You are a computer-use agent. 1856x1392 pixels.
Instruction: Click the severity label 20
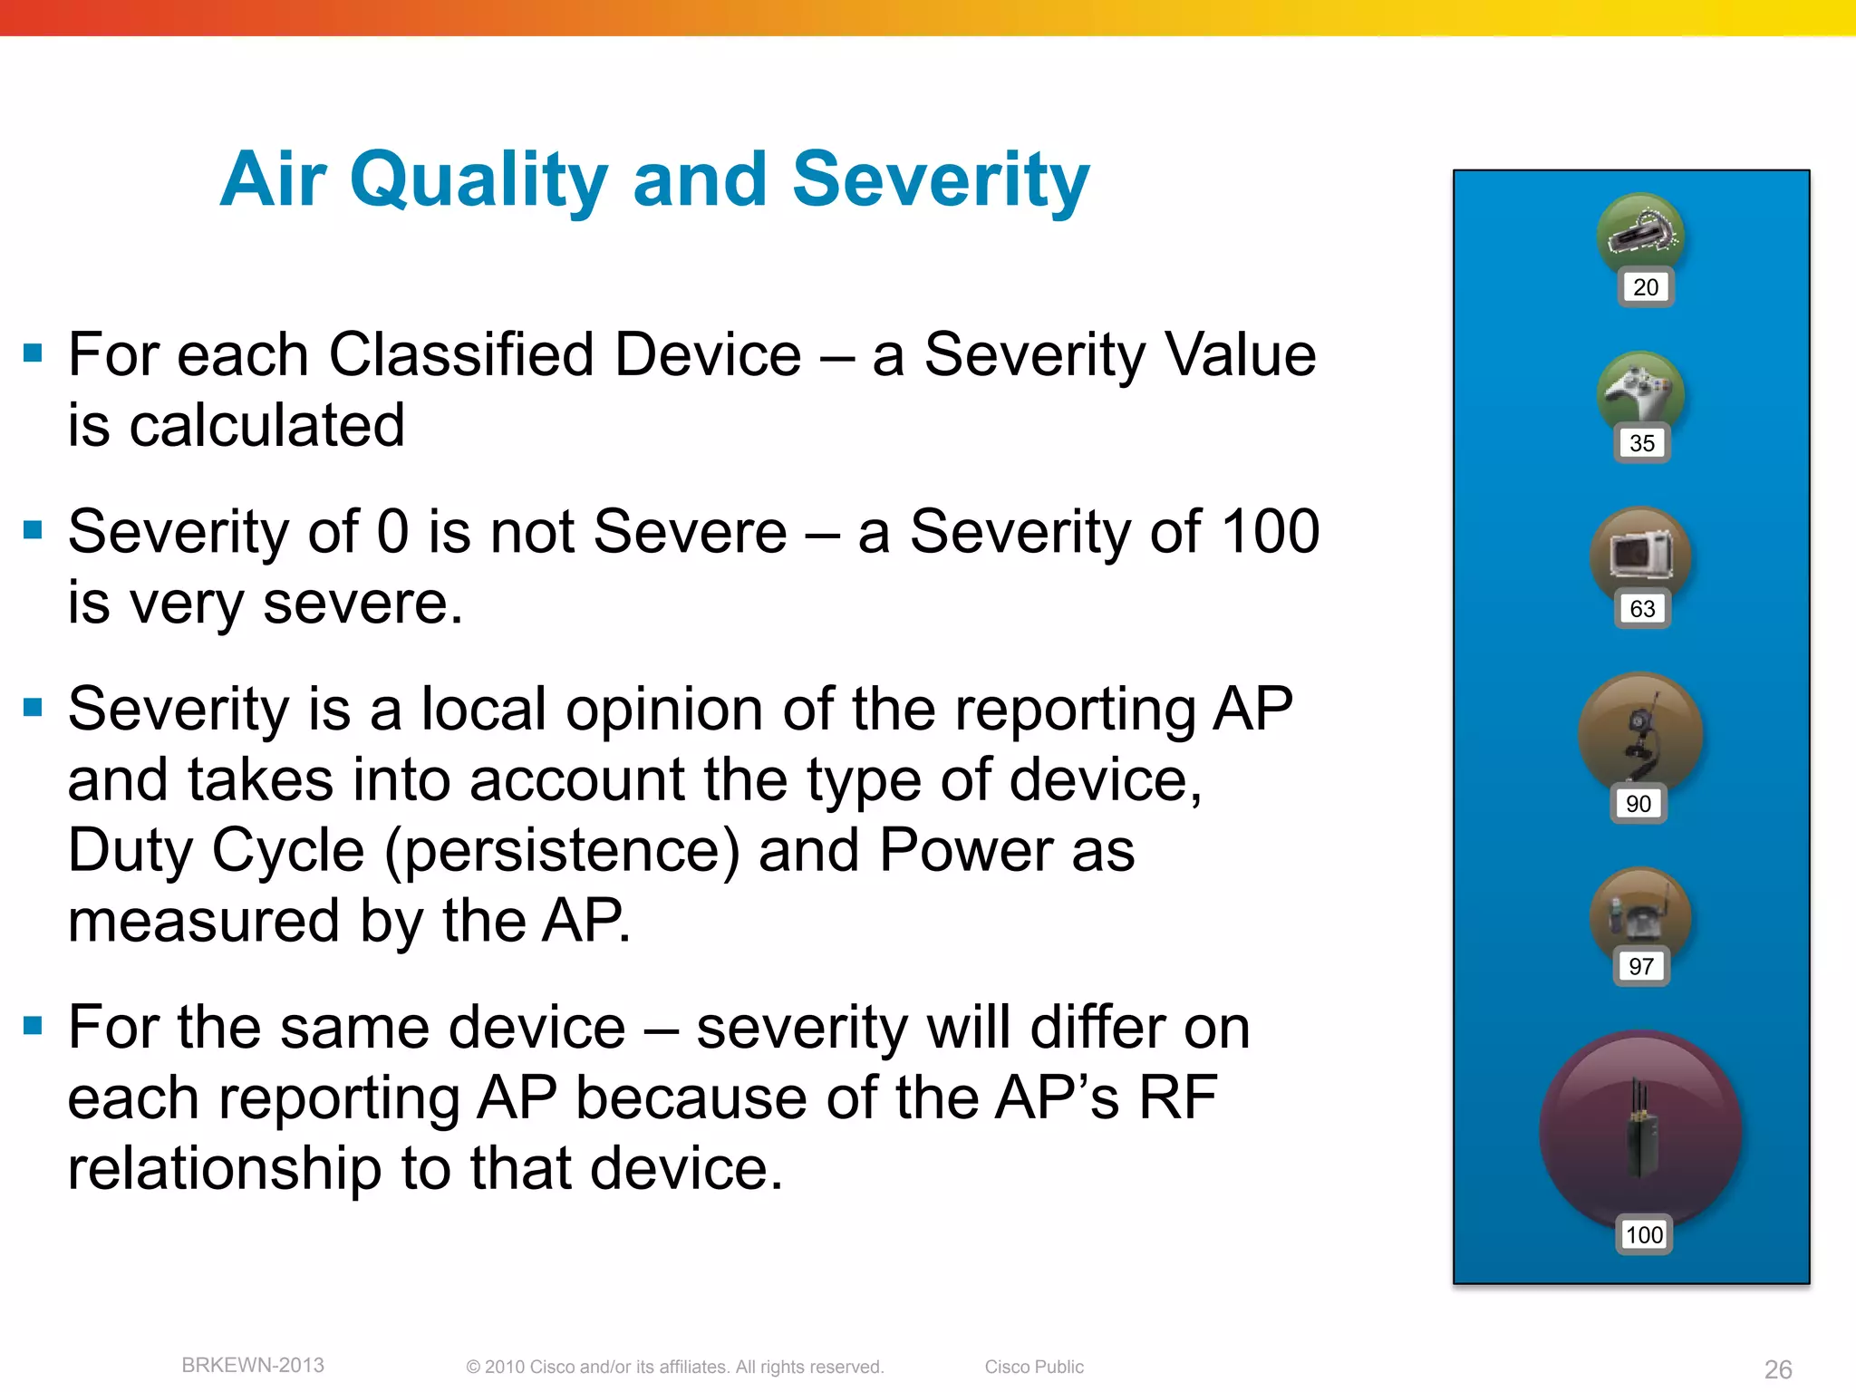[x=1645, y=287]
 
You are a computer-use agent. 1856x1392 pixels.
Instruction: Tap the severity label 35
[x=1641, y=443]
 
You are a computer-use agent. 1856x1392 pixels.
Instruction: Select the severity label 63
[x=1642, y=608]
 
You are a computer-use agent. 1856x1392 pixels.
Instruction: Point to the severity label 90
[x=1638, y=803]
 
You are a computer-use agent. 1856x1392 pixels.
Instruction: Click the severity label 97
[x=1641, y=966]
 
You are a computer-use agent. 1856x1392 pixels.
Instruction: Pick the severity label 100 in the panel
[x=1644, y=1234]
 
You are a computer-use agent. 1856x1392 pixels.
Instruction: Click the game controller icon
[x=1640, y=391]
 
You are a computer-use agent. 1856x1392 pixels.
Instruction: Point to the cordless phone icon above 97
[x=1640, y=915]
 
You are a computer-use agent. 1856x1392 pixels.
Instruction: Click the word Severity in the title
[x=940, y=179]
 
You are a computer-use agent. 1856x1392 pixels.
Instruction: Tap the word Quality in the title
[x=478, y=181]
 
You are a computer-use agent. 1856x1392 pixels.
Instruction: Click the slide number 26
[x=1778, y=1368]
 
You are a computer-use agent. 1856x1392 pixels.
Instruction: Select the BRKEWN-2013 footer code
[x=253, y=1365]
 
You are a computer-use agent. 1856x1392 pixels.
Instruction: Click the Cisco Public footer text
[x=1034, y=1367]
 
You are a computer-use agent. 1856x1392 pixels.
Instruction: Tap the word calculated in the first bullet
[x=266, y=425]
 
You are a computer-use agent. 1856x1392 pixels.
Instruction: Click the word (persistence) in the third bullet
[x=562, y=852]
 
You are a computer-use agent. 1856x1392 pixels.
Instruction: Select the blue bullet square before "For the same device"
[x=34, y=1026]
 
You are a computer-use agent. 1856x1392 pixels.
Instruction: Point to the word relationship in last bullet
[x=225, y=1168]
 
